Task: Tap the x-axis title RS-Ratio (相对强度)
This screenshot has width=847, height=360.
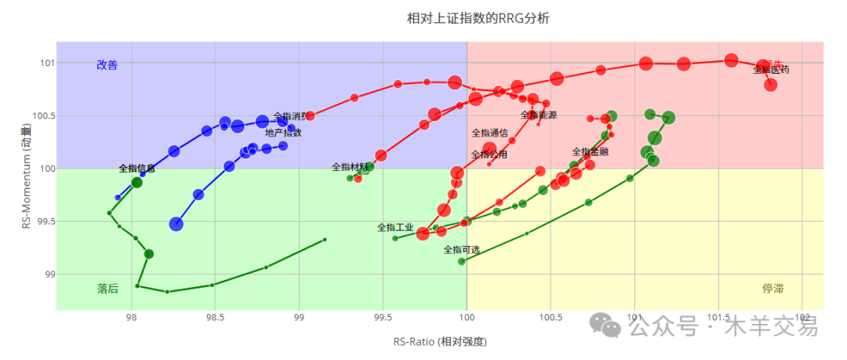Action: coord(440,342)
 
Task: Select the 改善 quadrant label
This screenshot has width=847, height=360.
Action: coord(107,65)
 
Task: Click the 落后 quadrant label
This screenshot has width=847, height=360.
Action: coord(108,289)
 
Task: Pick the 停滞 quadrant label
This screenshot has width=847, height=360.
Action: coord(773,289)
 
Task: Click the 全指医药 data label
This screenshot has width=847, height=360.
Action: coord(771,70)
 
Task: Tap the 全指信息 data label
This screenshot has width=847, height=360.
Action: coord(136,169)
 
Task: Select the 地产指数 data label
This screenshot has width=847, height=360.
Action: coord(283,133)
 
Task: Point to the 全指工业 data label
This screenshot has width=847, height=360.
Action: coord(395,227)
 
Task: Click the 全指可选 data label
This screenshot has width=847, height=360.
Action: coord(461,249)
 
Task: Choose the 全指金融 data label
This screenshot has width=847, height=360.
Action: coord(591,152)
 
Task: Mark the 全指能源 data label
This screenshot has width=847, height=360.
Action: coord(539,115)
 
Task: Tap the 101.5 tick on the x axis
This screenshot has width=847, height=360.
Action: coord(718,318)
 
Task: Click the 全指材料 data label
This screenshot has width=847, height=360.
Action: coord(349,167)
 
